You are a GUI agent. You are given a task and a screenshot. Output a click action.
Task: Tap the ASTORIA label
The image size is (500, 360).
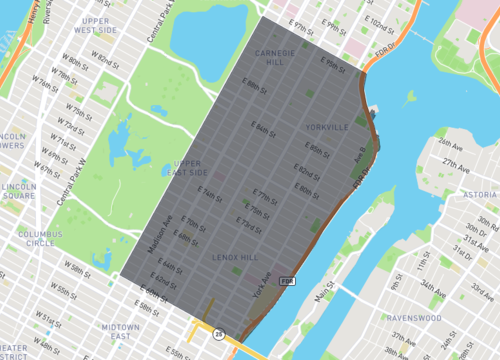[x=480, y=194]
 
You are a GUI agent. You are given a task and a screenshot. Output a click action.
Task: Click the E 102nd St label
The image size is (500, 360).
[x=380, y=21]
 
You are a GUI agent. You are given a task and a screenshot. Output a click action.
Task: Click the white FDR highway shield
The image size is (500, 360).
[x=287, y=281]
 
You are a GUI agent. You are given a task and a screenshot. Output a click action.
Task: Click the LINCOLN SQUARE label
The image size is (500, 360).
[x=17, y=191]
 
